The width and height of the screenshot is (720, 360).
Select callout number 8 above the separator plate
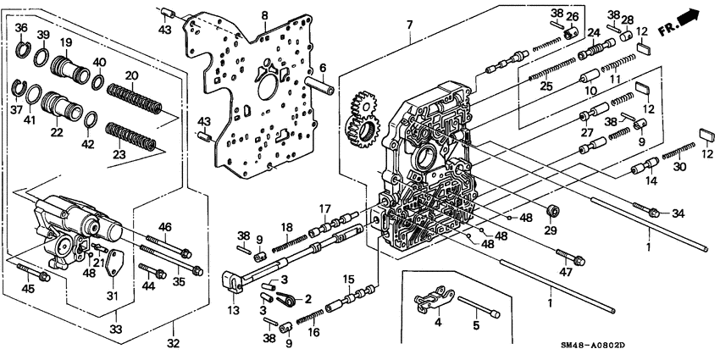tap(264, 16)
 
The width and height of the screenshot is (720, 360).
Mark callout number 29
tap(551, 230)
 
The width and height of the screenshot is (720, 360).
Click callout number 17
tap(324, 208)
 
